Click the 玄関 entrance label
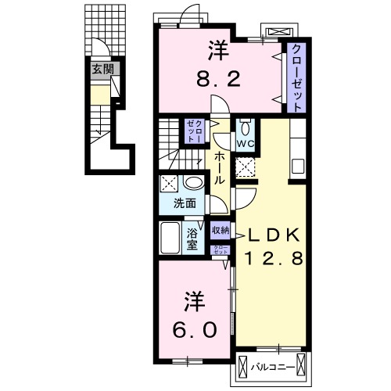coord(103,69)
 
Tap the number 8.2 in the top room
coord(218,80)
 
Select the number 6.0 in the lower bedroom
coord(194,329)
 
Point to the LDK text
coord(273,235)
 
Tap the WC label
coord(246,144)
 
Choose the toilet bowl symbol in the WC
coord(246,127)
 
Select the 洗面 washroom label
coord(185,203)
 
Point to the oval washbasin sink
coord(193,183)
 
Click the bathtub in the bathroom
coord(170,238)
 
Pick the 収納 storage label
coord(221,230)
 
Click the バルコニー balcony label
coord(273,368)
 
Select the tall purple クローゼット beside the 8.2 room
coord(296,77)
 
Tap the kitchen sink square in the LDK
coord(298,167)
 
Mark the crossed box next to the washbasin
coord(169,184)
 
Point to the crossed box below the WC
coord(246,167)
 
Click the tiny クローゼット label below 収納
coord(221,250)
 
